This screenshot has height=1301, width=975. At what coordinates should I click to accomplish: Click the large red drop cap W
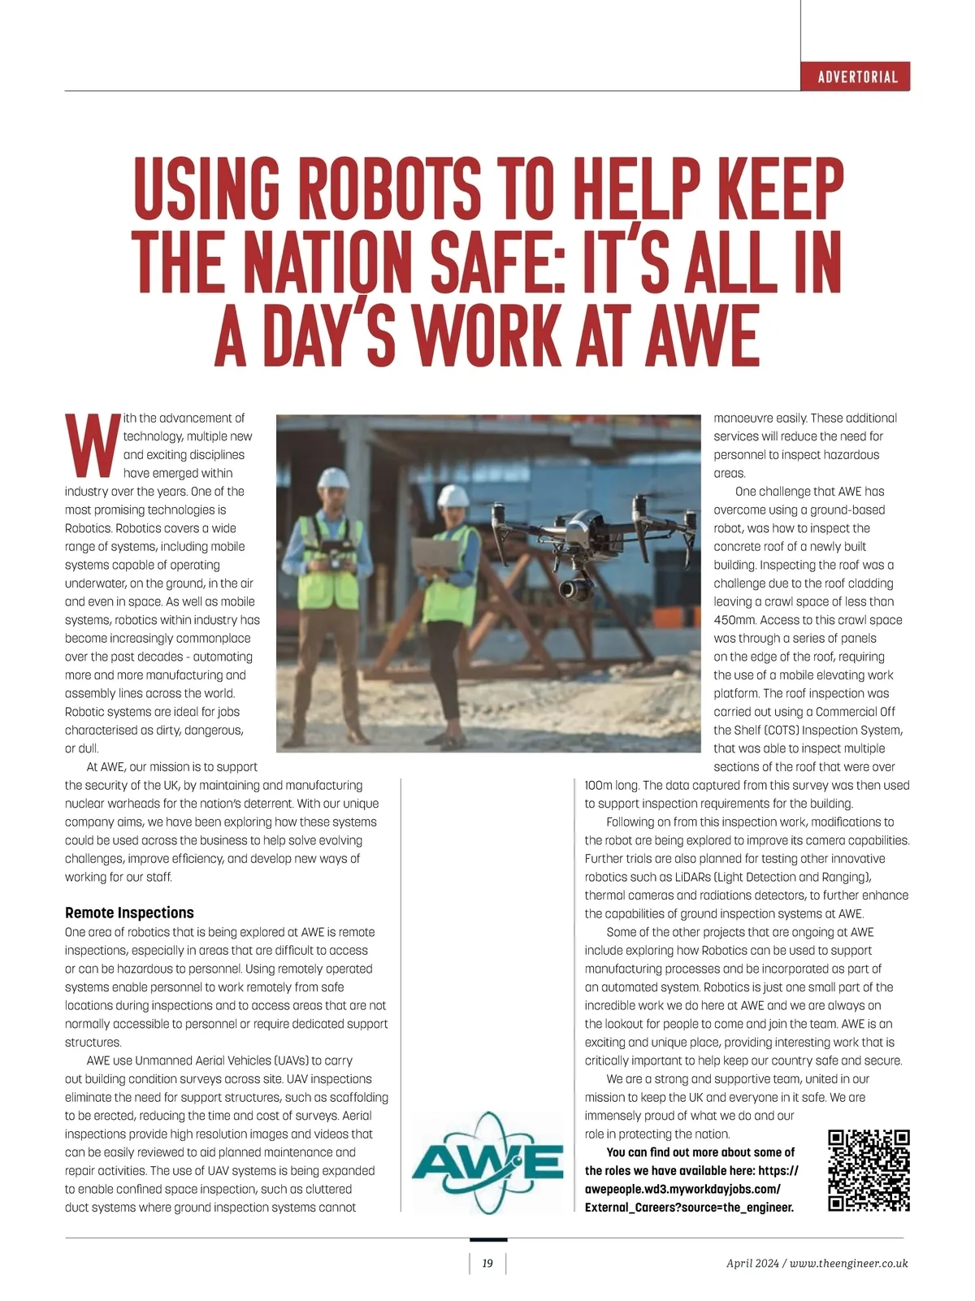pyautogui.click(x=91, y=445)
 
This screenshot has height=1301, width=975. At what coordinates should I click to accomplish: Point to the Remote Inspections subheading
pyautogui.click(x=129, y=913)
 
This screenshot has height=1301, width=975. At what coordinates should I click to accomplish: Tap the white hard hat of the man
pyautogui.click(x=333, y=477)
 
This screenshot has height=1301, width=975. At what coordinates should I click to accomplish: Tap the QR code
pyautogui.click(x=868, y=1170)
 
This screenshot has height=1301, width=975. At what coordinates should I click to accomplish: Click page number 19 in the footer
pyautogui.click(x=487, y=1264)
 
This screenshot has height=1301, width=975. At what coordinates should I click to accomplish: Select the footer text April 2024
pyautogui.click(x=752, y=1264)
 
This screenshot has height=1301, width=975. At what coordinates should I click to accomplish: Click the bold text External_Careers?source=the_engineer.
pyautogui.click(x=689, y=1208)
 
